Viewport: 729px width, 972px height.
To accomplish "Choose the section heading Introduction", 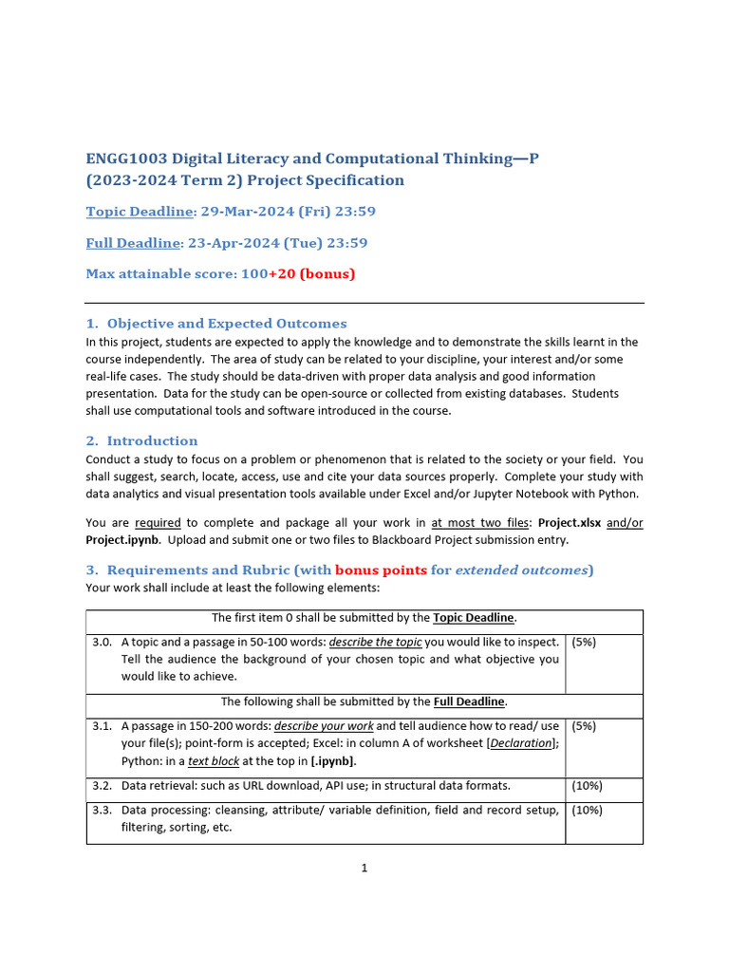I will (x=152, y=440).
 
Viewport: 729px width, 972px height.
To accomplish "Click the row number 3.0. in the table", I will (x=103, y=642).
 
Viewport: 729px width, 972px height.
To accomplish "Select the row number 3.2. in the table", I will (x=103, y=786).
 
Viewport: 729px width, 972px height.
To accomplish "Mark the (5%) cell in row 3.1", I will (x=585, y=726).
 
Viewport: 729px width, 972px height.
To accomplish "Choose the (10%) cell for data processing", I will (x=588, y=810).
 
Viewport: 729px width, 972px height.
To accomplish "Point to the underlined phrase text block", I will (x=214, y=761).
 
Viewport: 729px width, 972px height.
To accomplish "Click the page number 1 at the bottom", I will (x=364, y=868).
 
